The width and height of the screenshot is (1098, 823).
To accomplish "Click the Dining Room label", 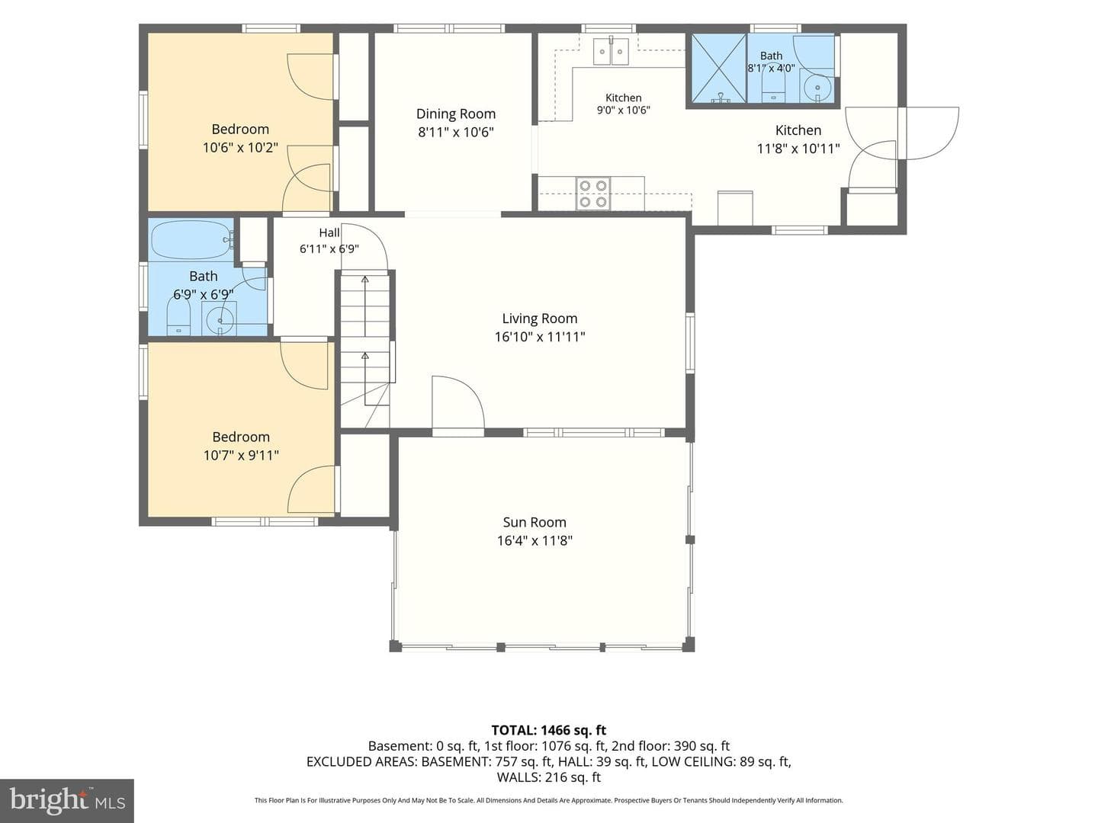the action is tap(456, 114).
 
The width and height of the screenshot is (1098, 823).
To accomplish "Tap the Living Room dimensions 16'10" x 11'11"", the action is tap(540, 337).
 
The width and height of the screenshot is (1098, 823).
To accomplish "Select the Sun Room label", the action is tap(535, 522).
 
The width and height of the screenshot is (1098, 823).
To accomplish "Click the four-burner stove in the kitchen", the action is tap(592, 194).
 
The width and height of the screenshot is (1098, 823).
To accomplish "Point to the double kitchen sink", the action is tap(611, 51).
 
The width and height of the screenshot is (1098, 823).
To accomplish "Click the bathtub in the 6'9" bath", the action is tap(192, 240).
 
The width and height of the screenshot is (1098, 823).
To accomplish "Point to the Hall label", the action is tap(329, 232).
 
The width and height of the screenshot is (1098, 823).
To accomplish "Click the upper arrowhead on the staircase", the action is tap(365, 280).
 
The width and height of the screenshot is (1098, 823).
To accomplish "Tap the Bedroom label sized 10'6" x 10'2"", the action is tap(240, 130).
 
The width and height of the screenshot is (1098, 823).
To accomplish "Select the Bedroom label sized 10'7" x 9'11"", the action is tap(241, 437).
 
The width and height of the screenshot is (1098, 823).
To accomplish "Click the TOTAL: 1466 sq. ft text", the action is tap(549, 730).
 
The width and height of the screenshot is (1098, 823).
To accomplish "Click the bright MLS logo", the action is tap(67, 801).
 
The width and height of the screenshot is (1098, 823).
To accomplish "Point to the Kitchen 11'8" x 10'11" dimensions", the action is tap(798, 149).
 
